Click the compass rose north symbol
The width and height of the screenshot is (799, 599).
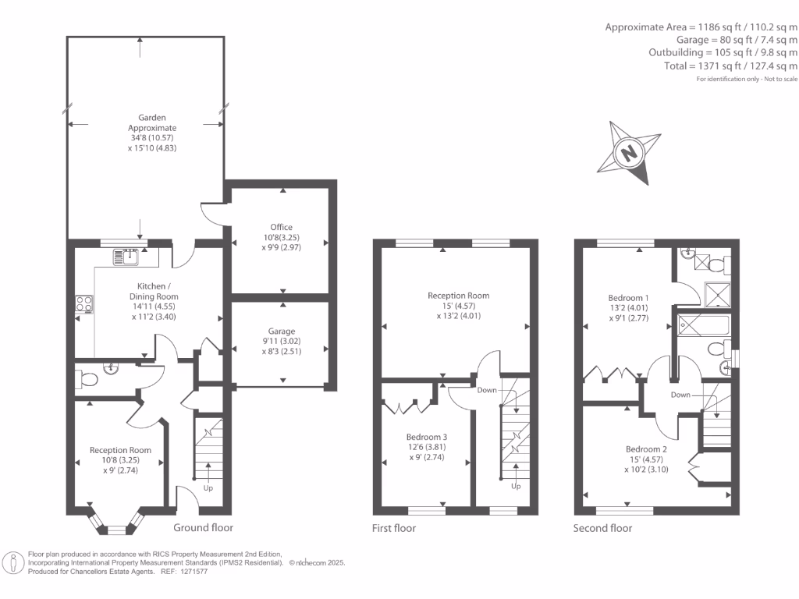pos(629,153)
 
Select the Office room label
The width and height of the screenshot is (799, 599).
pos(281,227)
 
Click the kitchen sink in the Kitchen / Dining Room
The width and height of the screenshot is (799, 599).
pos(126,255)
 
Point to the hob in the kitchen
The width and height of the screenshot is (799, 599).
pos(84,304)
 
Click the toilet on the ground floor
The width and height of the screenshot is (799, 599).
pos(87,380)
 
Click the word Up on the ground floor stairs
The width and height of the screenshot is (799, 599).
pos(208,488)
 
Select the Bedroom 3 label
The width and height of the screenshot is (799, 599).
pos(427,437)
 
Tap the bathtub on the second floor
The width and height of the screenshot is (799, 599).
pos(703,325)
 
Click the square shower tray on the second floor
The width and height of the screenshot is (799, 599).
pos(716,293)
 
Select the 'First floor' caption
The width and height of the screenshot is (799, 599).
pos(393,528)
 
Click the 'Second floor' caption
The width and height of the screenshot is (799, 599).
pos(603,528)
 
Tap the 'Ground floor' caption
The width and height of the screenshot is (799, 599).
pos(203,527)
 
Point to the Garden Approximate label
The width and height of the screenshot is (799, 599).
pos(152,123)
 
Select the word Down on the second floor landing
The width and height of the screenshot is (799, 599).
pos(680,395)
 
